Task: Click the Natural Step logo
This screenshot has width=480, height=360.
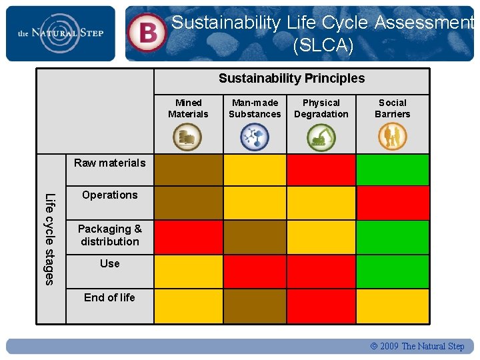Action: (60, 33)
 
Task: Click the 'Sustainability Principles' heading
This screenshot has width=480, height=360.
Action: (291, 79)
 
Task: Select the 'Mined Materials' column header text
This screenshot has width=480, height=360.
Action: (188, 108)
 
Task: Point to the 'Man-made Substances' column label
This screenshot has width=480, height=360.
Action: (255, 108)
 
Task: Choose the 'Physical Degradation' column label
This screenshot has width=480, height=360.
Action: (321, 108)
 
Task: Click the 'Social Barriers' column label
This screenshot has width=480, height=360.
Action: (392, 108)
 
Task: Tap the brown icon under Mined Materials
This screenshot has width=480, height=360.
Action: (187, 137)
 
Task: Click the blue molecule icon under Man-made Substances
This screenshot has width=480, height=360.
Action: (254, 137)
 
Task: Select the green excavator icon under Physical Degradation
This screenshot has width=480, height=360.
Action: (321, 137)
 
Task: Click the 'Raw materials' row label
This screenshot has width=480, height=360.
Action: (109, 163)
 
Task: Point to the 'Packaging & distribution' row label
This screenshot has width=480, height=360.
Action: (110, 235)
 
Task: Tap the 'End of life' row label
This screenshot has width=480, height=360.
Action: (109, 297)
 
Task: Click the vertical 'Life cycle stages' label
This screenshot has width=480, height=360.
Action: (49, 238)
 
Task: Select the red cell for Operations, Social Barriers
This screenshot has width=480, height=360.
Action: (392, 203)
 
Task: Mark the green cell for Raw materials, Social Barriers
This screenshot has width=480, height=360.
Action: (392, 169)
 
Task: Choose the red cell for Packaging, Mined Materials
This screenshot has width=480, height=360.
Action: (188, 237)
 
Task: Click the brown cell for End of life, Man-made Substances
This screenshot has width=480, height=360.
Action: (255, 306)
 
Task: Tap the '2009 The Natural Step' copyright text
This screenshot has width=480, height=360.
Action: (417, 346)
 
